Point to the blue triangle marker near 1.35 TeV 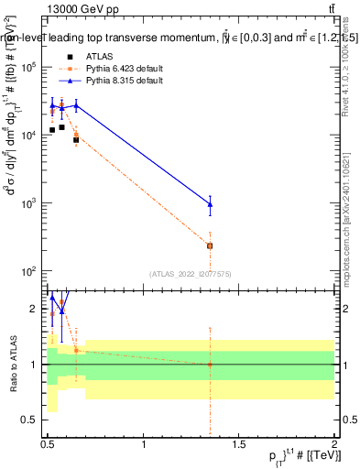coord(211,204)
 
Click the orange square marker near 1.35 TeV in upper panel coord(211,245)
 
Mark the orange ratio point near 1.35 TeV coord(211,365)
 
